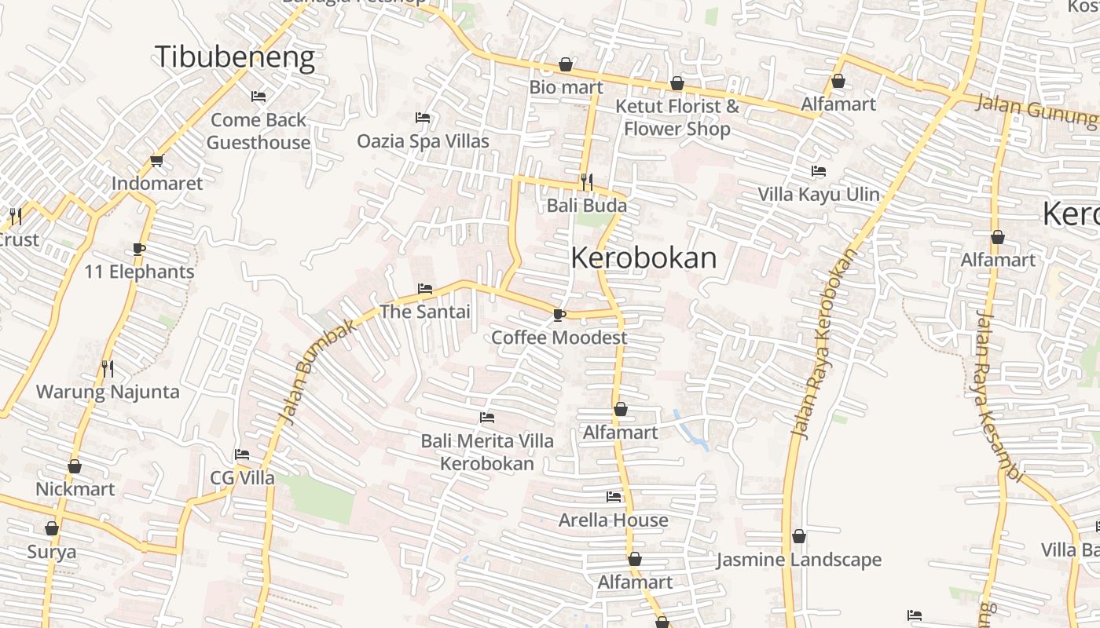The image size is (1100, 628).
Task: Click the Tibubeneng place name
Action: (x=234, y=57)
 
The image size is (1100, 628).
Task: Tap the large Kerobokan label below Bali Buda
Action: (x=643, y=258)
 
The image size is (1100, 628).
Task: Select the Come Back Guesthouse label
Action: (x=258, y=131)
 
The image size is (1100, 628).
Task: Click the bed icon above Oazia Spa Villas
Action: (x=423, y=118)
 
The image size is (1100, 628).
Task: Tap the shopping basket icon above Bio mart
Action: (x=566, y=64)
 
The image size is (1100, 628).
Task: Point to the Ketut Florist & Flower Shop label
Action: (x=677, y=117)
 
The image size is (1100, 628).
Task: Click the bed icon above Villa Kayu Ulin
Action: (x=819, y=171)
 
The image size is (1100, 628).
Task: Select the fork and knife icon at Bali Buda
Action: (x=587, y=182)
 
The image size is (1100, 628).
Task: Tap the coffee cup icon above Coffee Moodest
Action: (x=559, y=315)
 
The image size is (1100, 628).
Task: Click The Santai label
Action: (x=425, y=312)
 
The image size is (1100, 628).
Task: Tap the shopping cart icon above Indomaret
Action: (x=156, y=161)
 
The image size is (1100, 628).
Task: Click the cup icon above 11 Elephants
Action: (x=139, y=249)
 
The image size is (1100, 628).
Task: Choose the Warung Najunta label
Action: (x=108, y=392)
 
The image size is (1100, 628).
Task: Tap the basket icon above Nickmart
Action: (x=75, y=466)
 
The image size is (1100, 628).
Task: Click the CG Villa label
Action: (x=242, y=478)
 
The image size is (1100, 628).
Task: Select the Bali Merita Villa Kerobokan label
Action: (x=487, y=452)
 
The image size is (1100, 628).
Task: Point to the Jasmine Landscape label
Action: (x=799, y=560)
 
